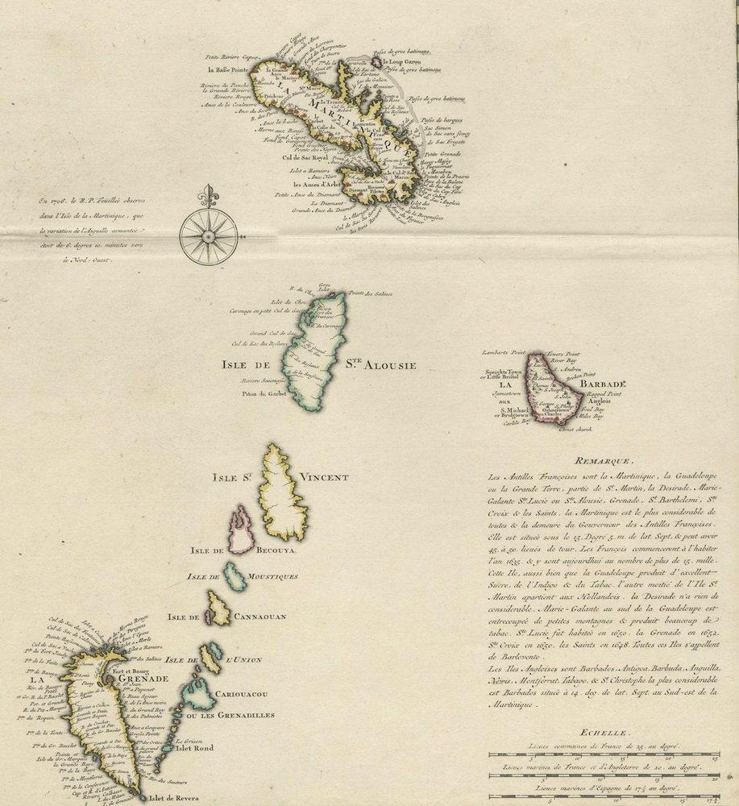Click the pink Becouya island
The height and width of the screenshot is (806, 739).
coord(241,530)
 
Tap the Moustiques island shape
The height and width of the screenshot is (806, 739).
coord(235,575)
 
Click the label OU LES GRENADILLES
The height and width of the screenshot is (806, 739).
coord(230,715)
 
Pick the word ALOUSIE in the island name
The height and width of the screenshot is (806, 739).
coord(389,365)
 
